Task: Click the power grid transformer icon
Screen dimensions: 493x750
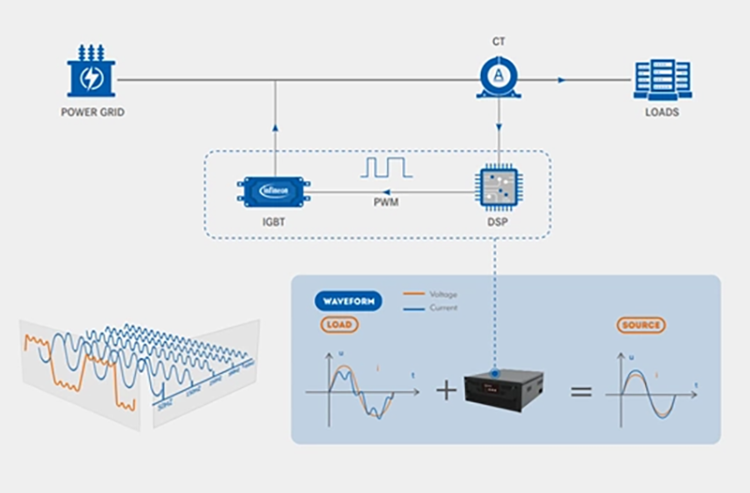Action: point(92,72)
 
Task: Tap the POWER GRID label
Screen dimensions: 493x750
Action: point(92,112)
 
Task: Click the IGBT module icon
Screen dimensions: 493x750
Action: point(274,191)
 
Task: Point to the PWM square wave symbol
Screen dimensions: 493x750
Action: point(386,169)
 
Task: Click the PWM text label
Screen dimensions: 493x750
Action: point(386,202)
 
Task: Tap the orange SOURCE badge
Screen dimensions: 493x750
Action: point(642,325)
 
